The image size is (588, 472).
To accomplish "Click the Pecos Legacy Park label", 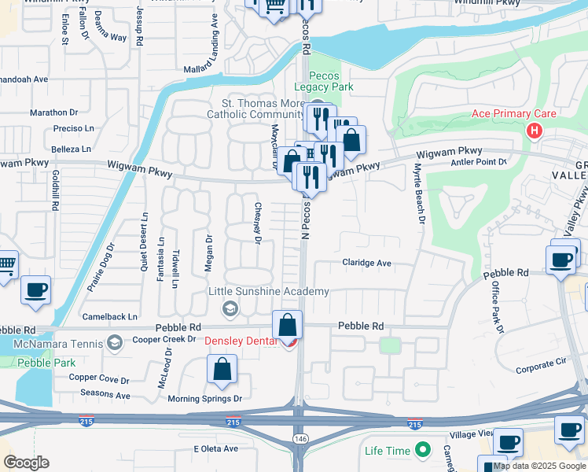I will (324, 80).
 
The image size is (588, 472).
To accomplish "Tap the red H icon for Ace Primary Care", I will (535, 130).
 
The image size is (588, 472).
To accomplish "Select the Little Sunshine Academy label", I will (268, 292).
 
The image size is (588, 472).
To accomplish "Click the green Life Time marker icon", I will (424, 451).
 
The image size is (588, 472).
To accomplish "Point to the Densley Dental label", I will (241, 341).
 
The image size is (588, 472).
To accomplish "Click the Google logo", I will (26, 463).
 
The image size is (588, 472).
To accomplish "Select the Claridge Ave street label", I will (366, 263).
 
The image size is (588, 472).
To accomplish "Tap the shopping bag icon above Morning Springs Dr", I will (222, 369).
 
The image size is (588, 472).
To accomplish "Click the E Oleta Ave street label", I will (215, 448).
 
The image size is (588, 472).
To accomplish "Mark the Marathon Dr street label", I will (55, 112).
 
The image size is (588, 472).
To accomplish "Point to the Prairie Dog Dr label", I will (101, 267).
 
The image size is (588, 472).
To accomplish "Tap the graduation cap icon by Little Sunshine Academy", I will (230, 307).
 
